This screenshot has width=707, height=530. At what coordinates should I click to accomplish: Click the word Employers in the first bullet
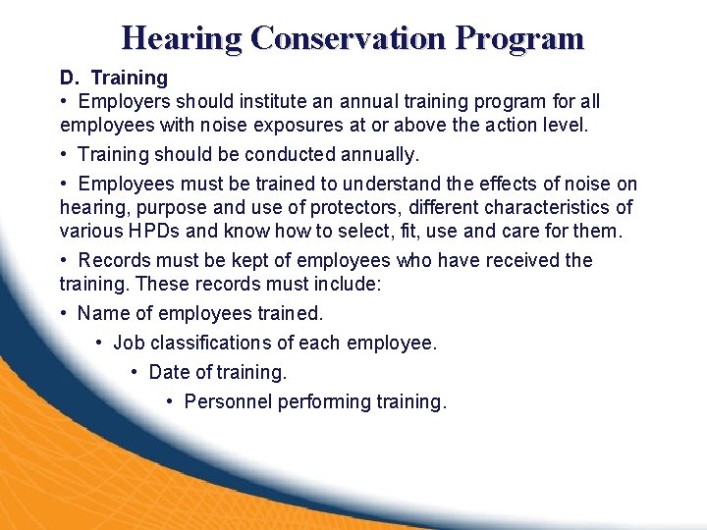(x=123, y=101)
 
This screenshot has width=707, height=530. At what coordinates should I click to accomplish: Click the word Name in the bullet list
(x=102, y=313)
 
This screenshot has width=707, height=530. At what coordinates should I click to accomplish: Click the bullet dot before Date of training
(x=136, y=373)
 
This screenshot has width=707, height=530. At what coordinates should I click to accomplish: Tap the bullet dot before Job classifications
(x=100, y=344)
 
